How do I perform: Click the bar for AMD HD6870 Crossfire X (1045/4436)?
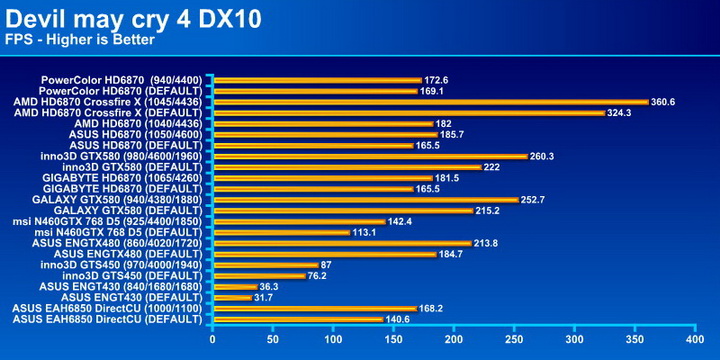click(430, 101)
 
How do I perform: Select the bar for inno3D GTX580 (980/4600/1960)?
click(369, 156)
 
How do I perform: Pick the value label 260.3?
click(542, 156)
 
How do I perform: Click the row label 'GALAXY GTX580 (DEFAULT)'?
click(129, 210)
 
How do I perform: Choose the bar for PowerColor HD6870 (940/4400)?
click(315, 79)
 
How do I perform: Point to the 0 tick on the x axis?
click(211, 339)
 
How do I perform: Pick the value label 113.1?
click(364, 232)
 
